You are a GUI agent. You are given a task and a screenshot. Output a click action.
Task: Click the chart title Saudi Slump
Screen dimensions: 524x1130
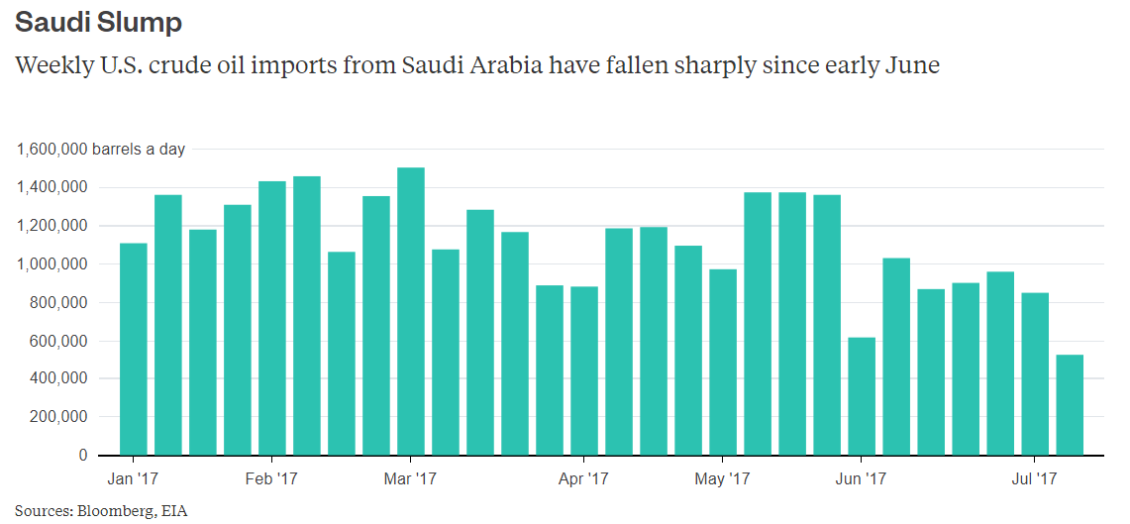coord(98,22)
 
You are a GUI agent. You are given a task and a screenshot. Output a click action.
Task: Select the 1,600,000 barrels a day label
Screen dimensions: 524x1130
coord(100,150)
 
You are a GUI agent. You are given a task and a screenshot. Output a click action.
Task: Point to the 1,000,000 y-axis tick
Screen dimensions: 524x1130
coord(51,264)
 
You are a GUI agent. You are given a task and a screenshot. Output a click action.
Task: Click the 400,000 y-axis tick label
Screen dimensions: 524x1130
coord(56,378)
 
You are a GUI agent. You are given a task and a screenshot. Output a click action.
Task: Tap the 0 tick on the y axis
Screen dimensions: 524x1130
coord(83,455)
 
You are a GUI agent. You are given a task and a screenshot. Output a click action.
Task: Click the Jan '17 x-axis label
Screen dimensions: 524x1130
coord(133,479)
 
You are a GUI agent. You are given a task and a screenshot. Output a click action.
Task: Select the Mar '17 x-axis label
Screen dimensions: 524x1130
coord(410,479)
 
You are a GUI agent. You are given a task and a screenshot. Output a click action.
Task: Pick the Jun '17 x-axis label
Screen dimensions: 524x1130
coord(861,479)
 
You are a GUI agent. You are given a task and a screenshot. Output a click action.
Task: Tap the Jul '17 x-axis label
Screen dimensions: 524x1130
coord(1034,479)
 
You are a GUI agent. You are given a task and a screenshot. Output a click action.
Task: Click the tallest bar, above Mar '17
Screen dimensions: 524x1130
coord(410,311)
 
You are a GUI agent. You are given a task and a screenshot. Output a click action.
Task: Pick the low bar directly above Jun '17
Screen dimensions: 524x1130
coord(861,396)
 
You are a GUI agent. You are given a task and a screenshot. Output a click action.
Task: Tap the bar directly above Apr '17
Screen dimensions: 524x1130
coord(583,370)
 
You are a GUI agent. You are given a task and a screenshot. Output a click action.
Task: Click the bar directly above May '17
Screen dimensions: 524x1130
coord(722,362)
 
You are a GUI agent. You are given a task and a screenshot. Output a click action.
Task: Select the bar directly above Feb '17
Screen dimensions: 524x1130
coord(271,318)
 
